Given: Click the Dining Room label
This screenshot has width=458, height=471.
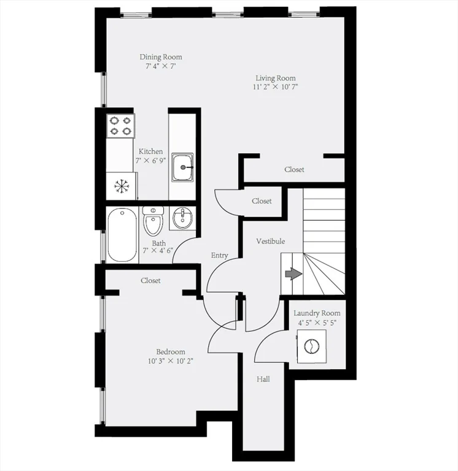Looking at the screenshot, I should point(160,57).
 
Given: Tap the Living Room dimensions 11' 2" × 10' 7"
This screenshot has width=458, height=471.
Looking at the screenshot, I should point(276,87).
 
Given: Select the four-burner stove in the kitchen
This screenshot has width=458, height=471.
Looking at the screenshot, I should point(121,126).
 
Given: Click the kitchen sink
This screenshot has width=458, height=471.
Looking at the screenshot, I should point(182,167).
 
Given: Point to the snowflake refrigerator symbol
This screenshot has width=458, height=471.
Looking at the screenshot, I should point(121,185).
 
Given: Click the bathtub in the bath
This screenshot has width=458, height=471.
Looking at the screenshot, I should point(122,234).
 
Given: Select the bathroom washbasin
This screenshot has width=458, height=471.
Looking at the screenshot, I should point(182,219).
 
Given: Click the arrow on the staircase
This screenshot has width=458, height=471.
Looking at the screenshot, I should point(293,274).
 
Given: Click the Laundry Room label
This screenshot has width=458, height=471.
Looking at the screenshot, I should point(316,313).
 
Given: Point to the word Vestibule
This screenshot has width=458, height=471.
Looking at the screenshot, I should point(270,242).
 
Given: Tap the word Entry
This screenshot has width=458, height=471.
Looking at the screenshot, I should point(219,255).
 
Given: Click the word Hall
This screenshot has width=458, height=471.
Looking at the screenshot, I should point(263,379).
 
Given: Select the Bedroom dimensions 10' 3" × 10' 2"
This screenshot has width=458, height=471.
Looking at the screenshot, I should point(170,361).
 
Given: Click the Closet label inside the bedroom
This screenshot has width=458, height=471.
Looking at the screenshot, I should point(150,280).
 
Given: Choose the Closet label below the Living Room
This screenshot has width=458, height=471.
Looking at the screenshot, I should point(294,169).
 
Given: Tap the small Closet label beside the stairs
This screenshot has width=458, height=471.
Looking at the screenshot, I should point(262,201).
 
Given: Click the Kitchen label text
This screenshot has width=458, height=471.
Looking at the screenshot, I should point(150,151).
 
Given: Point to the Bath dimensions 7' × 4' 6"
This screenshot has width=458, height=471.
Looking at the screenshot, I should point(158,250).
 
